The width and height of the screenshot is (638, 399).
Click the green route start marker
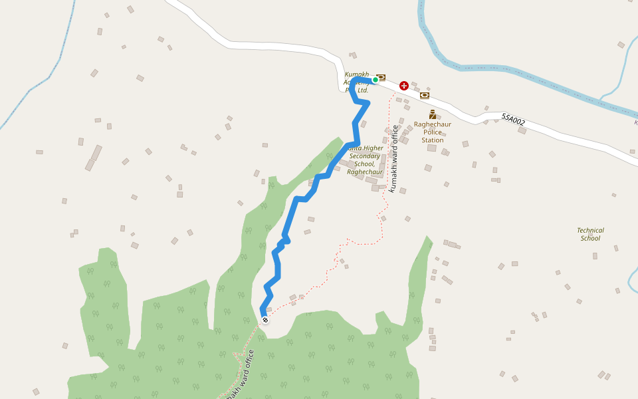(x=375, y=80)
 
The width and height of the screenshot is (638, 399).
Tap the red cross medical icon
(x=404, y=86)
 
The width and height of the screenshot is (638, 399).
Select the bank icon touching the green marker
(x=381, y=77)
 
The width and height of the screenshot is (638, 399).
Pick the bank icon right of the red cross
(x=424, y=95)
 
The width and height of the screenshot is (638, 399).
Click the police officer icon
(x=433, y=114)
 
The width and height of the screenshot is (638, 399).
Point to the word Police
(x=433, y=132)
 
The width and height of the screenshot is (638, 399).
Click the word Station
(x=433, y=140)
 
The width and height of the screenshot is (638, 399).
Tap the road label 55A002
(x=513, y=120)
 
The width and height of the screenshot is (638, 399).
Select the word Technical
(x=590, y=231)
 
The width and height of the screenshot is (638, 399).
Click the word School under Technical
(x=590, y=238)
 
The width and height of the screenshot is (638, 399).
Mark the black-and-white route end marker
(x=265, y=320)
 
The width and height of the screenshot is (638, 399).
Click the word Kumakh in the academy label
(x=357, y=74)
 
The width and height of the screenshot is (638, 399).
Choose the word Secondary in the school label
(x=364, y=156)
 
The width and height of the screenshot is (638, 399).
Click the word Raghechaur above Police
(x=433, y=124)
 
